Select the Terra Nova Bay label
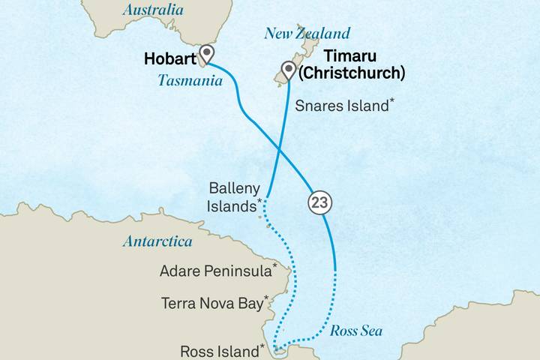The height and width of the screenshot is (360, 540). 212,303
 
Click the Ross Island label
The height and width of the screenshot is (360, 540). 220,350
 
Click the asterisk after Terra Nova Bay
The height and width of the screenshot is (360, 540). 266,299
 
